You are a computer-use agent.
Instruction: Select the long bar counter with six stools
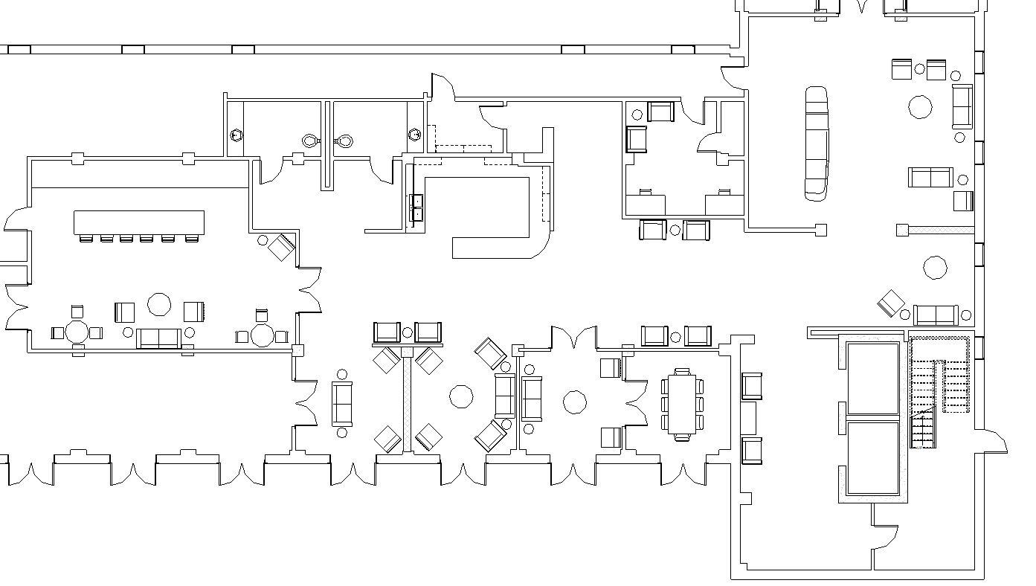tap(139, 222)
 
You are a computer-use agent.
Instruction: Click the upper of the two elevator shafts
tap(873, 379)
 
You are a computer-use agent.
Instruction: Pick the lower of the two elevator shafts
tap(873, 458)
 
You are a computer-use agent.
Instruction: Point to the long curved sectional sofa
tap(816, 144)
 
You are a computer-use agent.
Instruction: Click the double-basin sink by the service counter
tap(417, 207)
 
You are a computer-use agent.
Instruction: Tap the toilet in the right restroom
tap(345, 140)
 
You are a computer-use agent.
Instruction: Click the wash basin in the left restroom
tap(237, 135)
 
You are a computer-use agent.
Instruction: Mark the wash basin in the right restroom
tap(415, 135)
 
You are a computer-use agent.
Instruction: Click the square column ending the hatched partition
tap(903, 231)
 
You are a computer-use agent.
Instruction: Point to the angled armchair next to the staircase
tap(891, 303)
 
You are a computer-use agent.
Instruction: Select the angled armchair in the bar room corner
tap(281, 247)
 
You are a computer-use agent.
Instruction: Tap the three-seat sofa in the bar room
tap(159, 338)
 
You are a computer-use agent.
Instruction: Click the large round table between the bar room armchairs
tap(159, 304)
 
